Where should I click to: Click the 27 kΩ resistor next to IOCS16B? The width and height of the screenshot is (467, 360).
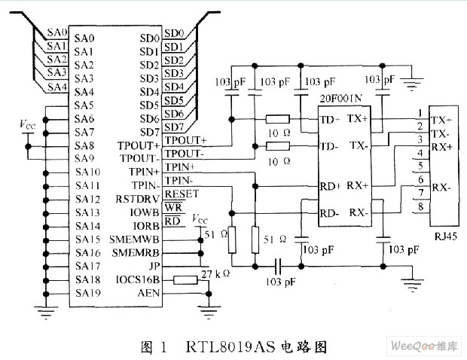point(185,280)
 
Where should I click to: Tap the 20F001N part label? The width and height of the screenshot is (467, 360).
point(340,98)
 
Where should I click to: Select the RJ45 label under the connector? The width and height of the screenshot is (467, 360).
point(446,236)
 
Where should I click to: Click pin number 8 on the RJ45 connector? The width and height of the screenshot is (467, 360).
point(420,206)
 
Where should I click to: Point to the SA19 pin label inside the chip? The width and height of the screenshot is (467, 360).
point(88,293)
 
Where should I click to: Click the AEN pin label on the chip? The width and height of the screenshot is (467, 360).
point(148,293)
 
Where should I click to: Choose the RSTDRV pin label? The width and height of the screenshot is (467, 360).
point(137,199)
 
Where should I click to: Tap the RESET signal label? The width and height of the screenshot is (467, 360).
point(182,194)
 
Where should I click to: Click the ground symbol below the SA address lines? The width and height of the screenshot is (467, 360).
point(45,313)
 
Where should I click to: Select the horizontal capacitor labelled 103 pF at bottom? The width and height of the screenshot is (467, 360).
point(278,266)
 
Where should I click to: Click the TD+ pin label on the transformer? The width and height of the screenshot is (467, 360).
point(330,120)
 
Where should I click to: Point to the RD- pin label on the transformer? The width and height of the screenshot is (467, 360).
point(329,213)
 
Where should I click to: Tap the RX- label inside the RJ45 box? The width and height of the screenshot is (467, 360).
point(441,188)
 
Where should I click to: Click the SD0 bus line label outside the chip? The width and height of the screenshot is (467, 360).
point(174,33)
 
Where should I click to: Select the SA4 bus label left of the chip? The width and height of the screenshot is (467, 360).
point(57,87)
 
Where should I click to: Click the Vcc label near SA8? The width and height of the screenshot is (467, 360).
point(27,124)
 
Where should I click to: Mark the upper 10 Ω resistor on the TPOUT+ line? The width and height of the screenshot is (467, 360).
point(277,120)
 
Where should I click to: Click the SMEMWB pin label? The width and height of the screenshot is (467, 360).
point(134,239)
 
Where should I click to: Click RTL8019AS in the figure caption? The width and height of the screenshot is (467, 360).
point(230,346)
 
